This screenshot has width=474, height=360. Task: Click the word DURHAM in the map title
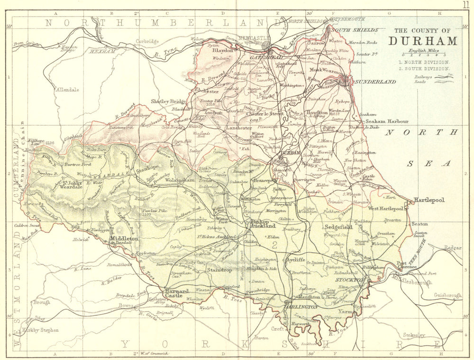(423, 41)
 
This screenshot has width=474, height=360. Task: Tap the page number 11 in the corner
(467, 5)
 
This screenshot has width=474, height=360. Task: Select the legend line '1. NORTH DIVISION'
(424, 62)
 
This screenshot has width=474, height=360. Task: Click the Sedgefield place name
(339, 227)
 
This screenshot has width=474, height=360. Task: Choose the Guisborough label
(448, 295)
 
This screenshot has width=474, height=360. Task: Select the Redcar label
(453, 248)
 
